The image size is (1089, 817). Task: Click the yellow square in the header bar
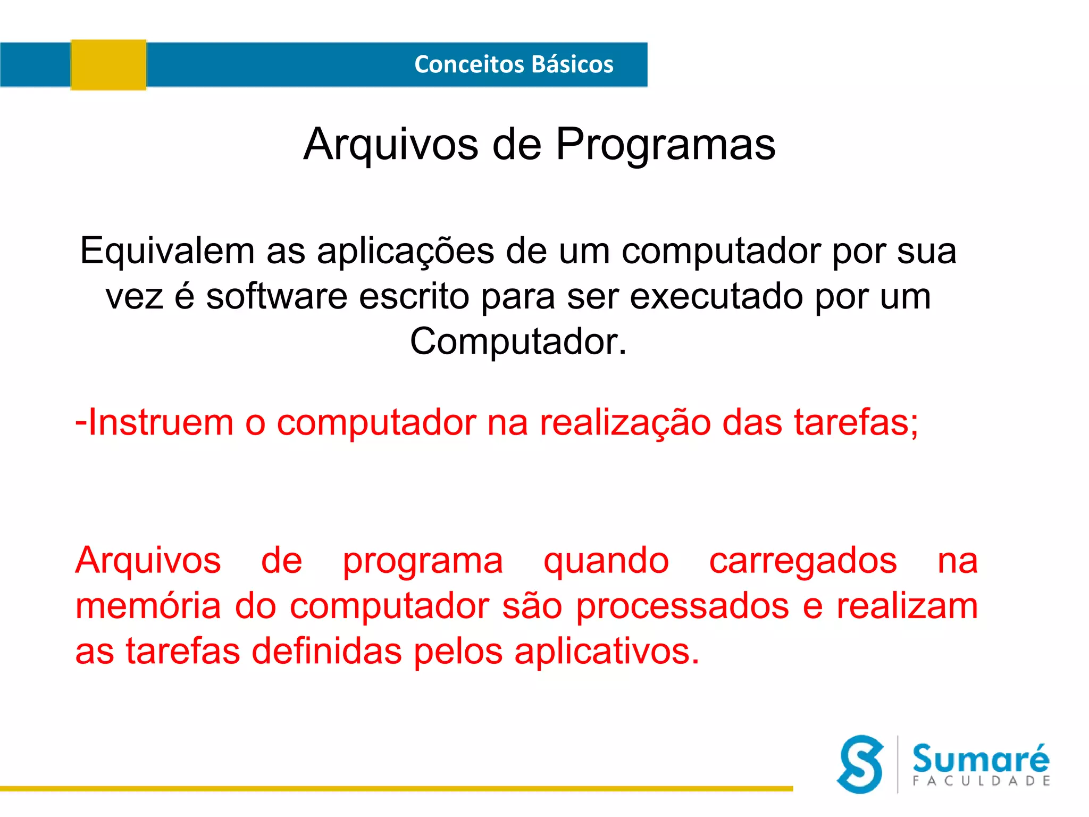(x=108, y=65)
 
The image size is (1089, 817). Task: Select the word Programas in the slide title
(x=665, y=145)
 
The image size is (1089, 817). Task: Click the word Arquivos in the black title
(x=391, y=145)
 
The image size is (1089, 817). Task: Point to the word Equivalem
(x=167, y=251)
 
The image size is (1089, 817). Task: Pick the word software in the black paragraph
(x=277, y=296)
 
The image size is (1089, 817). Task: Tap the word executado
(x=716, y=296)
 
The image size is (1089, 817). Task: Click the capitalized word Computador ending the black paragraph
(x=518, y=341)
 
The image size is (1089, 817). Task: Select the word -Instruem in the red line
(x=154, y=422)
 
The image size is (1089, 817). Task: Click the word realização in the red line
(x=625, y=423)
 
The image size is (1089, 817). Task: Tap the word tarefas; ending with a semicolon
(x=856, y=422)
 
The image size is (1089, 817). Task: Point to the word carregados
(x=803, y=561)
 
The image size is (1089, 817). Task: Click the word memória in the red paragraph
(x=148, y=606)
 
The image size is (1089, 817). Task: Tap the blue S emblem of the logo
(x=860, y=764)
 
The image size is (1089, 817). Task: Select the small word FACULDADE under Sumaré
(x=981, y=781)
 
